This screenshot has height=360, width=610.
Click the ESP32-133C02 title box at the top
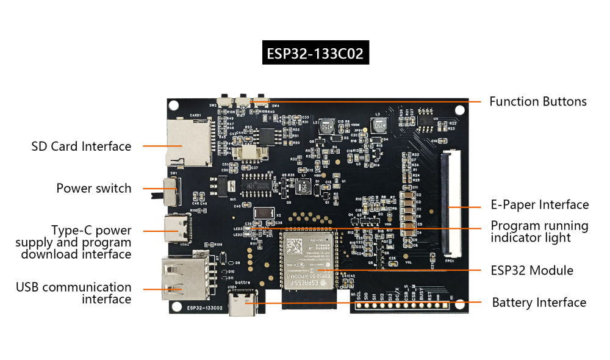click(315, 54)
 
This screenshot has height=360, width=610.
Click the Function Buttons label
click(537, 102)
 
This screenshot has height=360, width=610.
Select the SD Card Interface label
click(81, 146)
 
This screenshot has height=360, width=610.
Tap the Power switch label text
click(93, 189)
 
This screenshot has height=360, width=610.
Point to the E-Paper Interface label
click(540, 205)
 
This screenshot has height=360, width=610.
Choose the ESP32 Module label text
click(532, 270)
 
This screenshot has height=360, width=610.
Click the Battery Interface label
click(539, 303)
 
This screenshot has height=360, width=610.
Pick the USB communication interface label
click(73, 293)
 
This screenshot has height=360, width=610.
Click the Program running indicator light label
click(539, 232)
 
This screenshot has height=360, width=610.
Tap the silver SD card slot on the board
click(191, 142)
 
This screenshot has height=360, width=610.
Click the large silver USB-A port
click(178, 279)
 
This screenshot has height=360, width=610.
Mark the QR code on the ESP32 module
click(295, 247)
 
